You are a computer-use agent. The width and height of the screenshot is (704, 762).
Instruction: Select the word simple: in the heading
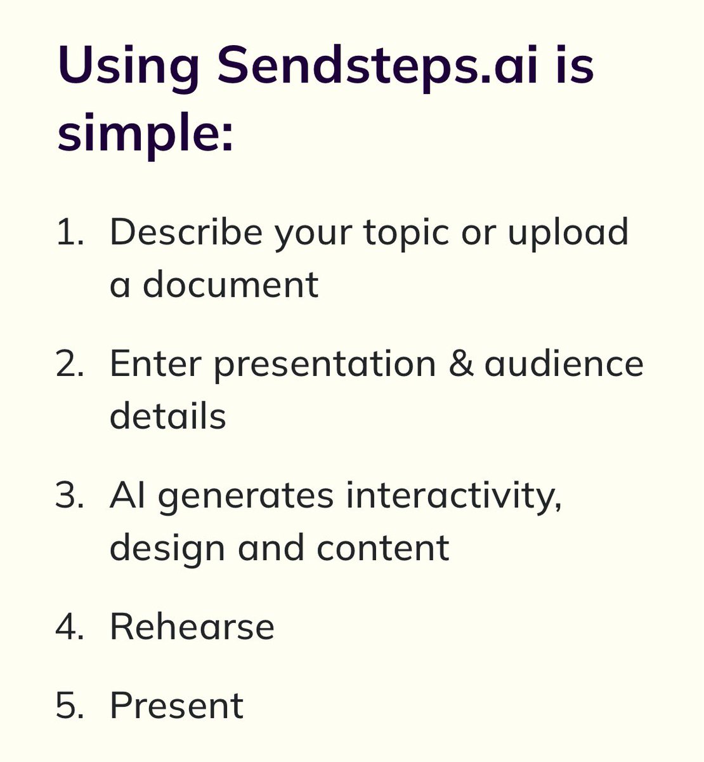pos(145,133)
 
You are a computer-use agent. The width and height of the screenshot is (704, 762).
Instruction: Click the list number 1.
pos(69,232)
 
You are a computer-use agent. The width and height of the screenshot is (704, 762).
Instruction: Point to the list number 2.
pos(69,364)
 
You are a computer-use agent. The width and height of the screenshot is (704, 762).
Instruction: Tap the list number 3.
pos(69,495)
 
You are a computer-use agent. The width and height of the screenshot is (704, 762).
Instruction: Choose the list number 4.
pos(69,627)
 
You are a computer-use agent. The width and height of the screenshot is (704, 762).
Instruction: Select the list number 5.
pos(69,705)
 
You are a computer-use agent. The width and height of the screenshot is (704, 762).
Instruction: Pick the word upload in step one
pos(568,232)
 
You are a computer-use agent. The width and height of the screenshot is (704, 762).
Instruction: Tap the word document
pos(230,284)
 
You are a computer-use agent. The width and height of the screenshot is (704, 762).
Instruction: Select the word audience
pos(564,364)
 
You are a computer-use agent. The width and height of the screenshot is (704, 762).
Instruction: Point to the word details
pos(168,417)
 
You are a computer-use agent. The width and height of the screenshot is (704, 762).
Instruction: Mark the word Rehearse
pos(192,627)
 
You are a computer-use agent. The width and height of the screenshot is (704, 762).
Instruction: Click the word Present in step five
pos(177,705)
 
